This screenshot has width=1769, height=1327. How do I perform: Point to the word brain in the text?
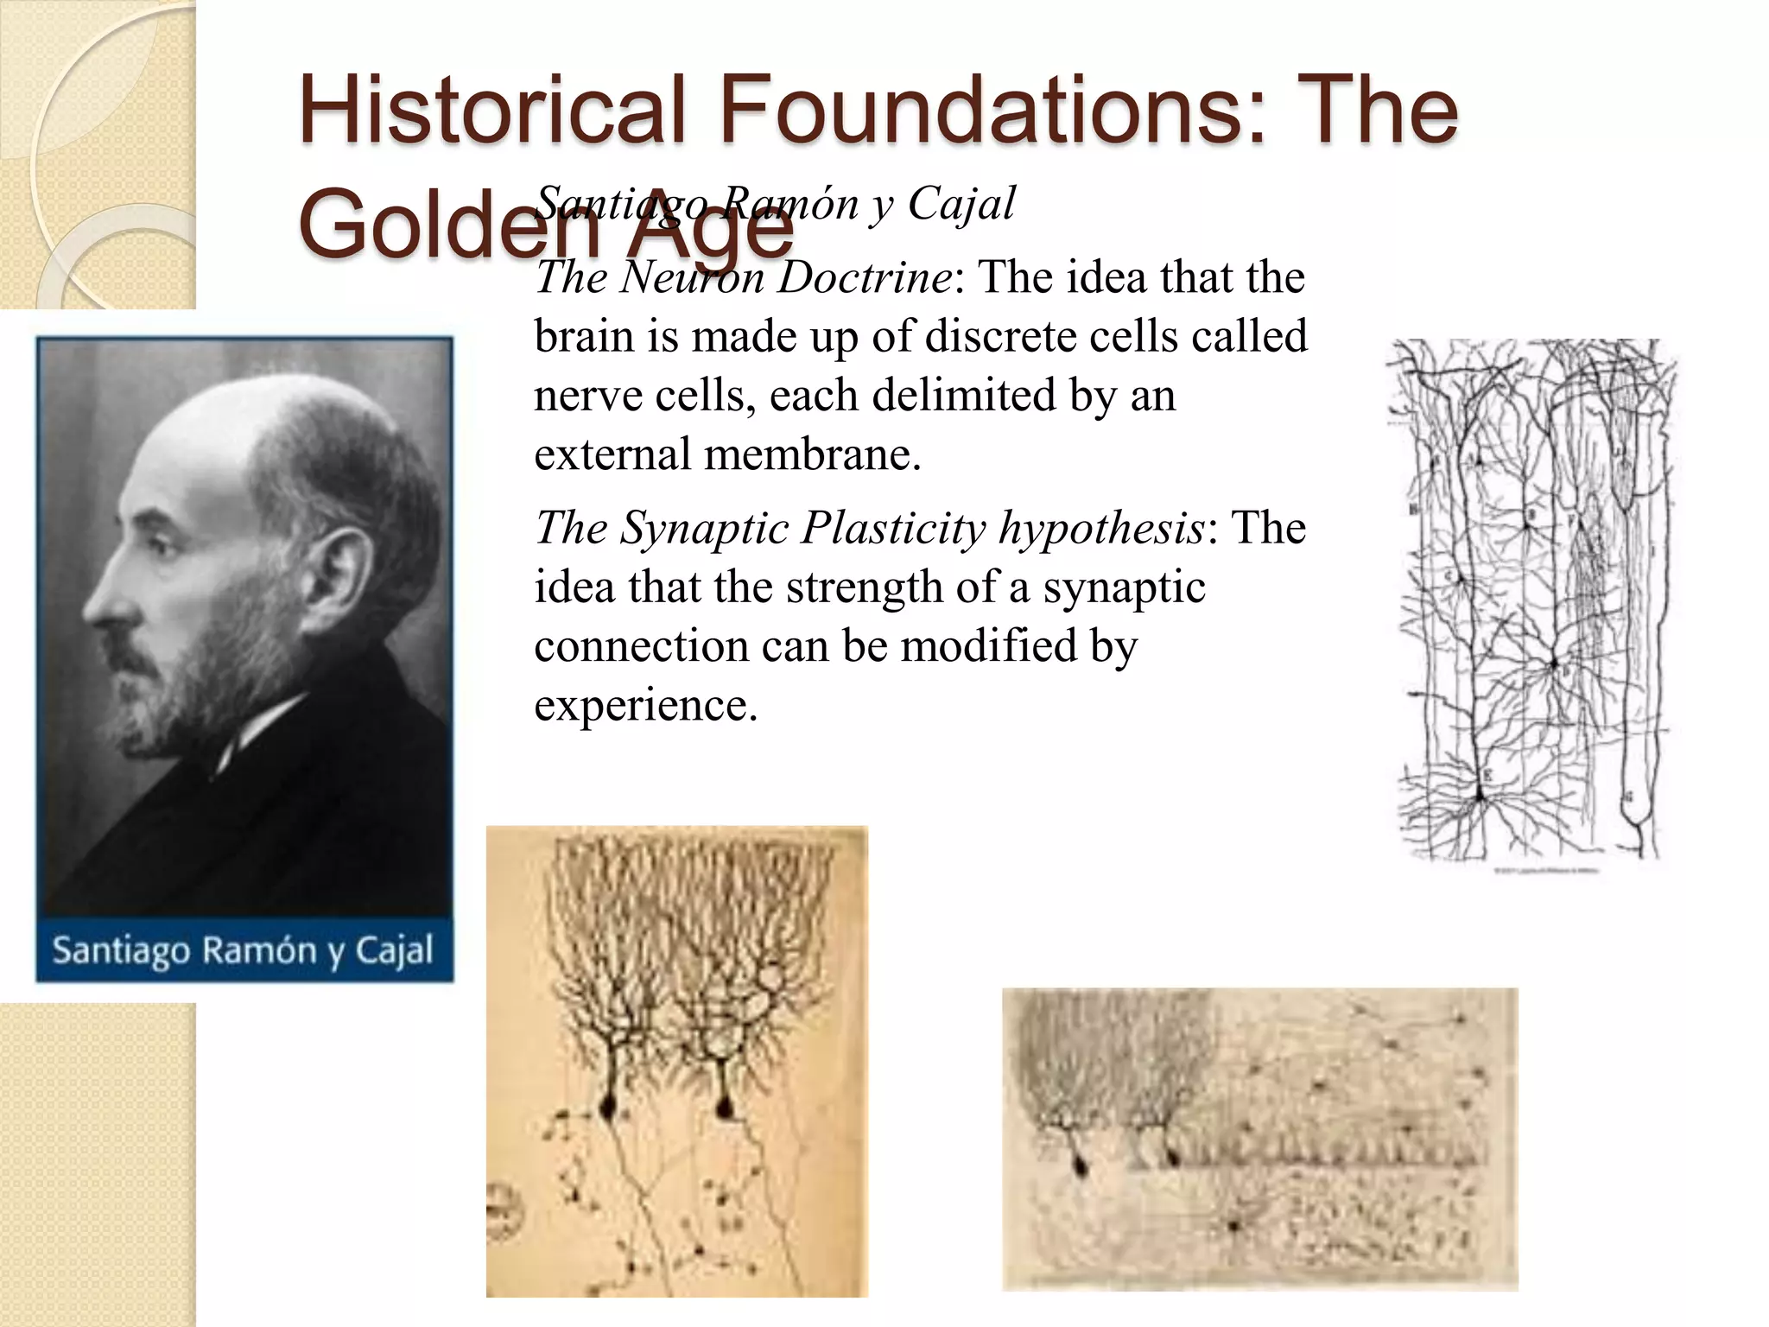point(584,337)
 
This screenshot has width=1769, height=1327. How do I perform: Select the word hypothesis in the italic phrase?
point(1101,530)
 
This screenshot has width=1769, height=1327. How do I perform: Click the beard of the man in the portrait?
point(199,683)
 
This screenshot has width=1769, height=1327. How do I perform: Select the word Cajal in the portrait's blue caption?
point(394,951)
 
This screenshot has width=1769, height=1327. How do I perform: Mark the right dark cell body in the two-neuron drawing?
point(724,1104)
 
